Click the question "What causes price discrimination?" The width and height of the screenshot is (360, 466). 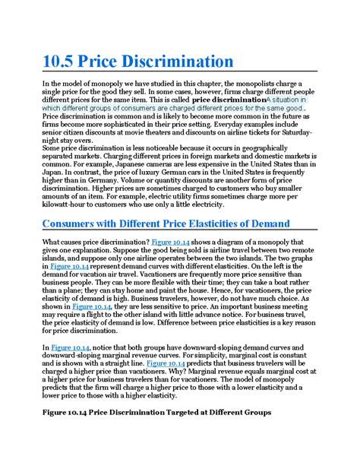coord(95,242)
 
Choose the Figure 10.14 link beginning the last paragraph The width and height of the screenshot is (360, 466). coord(70,347)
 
